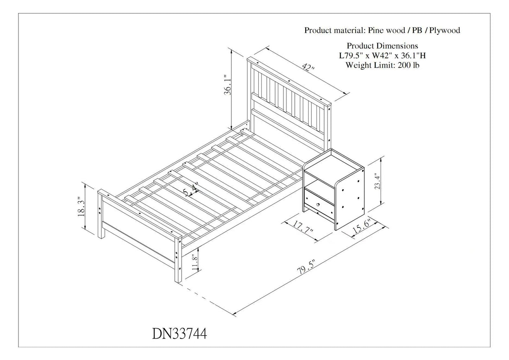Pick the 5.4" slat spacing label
coord(191,190)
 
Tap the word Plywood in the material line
coord(444,30)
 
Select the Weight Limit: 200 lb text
coord(382,65)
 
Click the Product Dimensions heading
coord(382,45)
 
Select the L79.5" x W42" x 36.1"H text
coord(382,55)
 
